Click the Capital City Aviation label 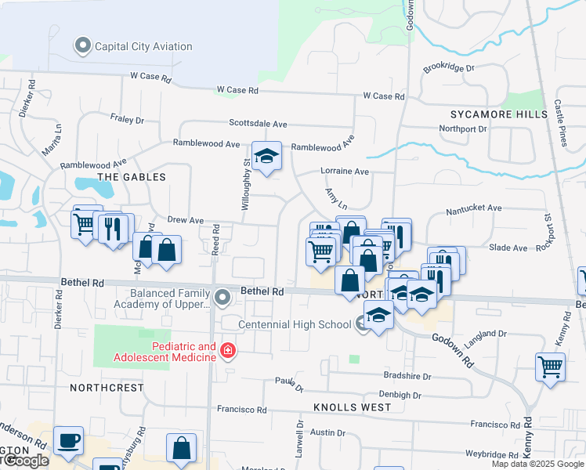coord(143,46)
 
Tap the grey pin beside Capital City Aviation coord(83,46)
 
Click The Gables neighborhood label coord(132,177)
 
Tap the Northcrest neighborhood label coord(107,388)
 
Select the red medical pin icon coord(228,350)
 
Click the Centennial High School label coord(295,324)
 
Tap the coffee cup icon coord(69,440)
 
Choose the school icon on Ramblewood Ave coord(266,156)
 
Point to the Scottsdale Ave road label coord(258,124)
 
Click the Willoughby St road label coord(246,183)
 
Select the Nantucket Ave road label coord(473,209)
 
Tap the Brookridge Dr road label coord(449,68)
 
